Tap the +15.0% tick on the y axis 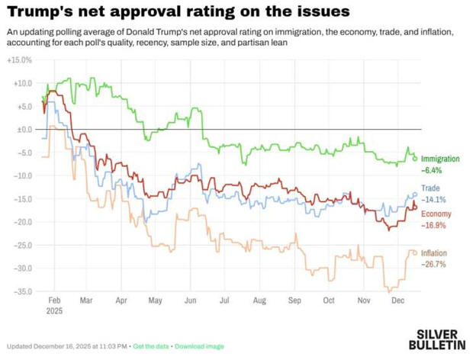click(20, 59)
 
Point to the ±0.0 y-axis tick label click(22, 129)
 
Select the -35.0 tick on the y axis click(21, 291)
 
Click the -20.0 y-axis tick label click(21, 222)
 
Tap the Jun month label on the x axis click(191, 301)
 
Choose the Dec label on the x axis click(398, 301)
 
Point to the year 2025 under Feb click(55, 311)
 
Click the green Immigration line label click(441, 159)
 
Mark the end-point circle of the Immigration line click(415, 158)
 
